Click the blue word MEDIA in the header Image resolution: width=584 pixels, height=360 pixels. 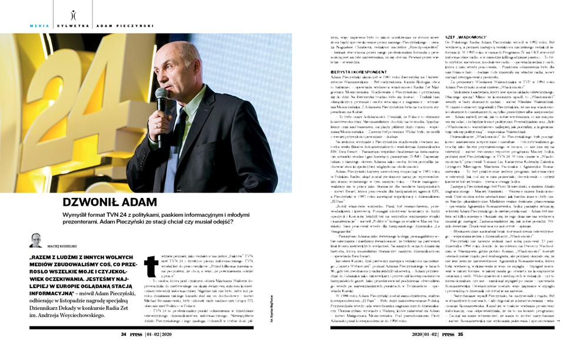(39, 26)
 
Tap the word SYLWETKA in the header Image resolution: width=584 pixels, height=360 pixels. (69, 26)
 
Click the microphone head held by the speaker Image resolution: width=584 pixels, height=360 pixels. (160, 94)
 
